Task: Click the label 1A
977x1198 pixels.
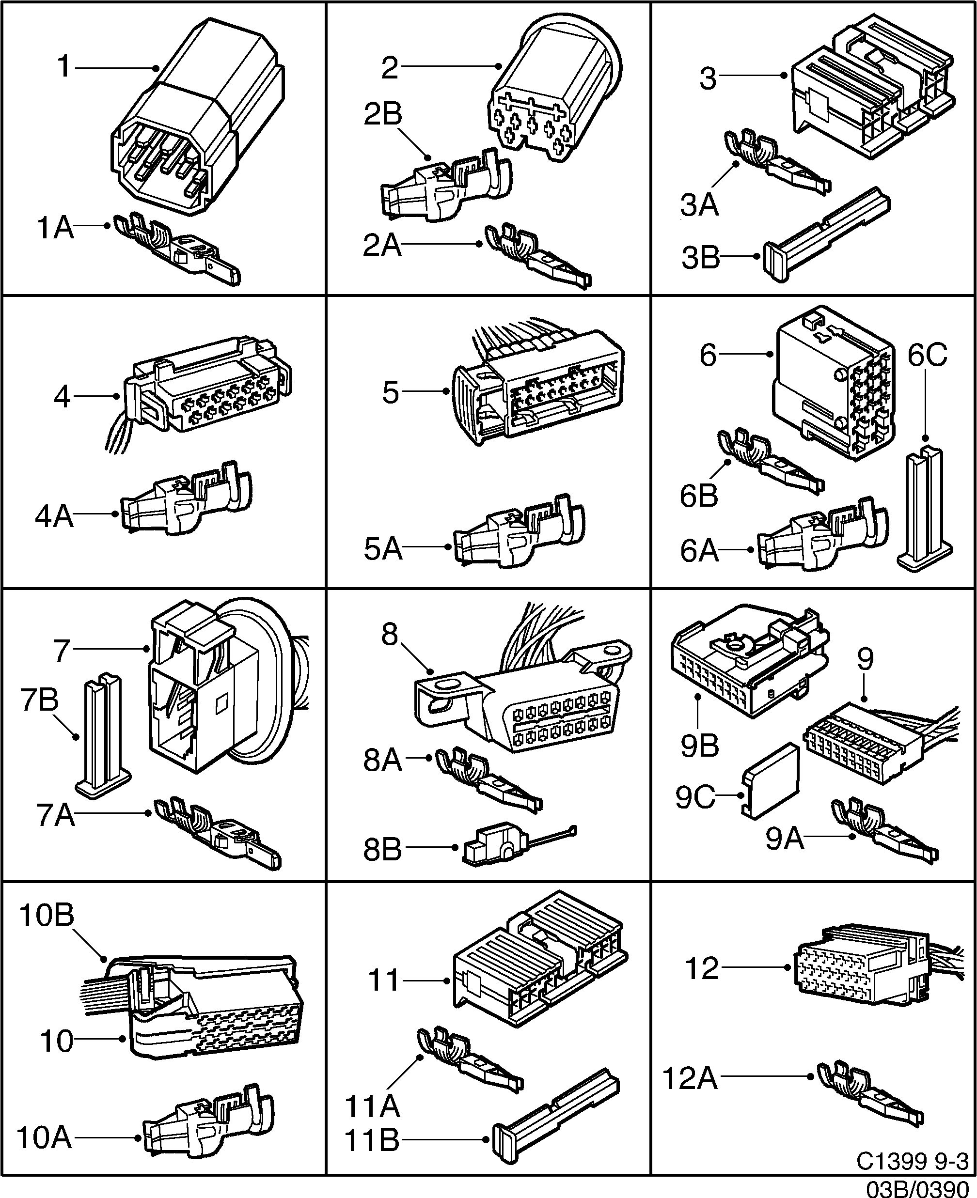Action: click(x=55, y=228)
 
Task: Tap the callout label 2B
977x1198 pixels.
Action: click(x=383, y=114)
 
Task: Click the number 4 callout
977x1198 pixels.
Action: click(x=62, y=397)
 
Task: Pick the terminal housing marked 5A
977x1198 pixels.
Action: click(x=518, y=534)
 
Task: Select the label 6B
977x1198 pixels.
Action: click(x=699, y=496)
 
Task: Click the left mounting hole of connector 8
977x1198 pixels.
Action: click(x=447, y=685)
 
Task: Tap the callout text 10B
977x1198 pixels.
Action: click(x=47, y=915)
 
